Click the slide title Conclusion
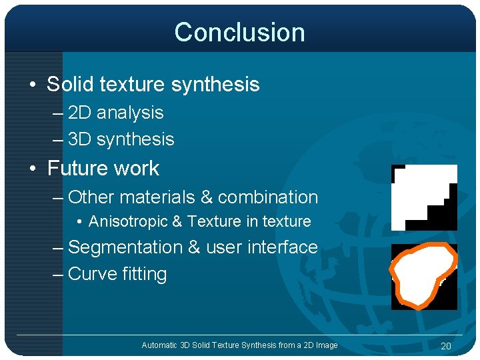pos(239,33)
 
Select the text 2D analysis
pos(115,113)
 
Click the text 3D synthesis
pos(121,139)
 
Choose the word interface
pos(282,247)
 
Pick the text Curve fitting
pos(117,274)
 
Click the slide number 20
pos(446,345)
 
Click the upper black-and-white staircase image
pos(424,197)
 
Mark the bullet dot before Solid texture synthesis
pos(33,85)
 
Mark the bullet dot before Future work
pos(33,169)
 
